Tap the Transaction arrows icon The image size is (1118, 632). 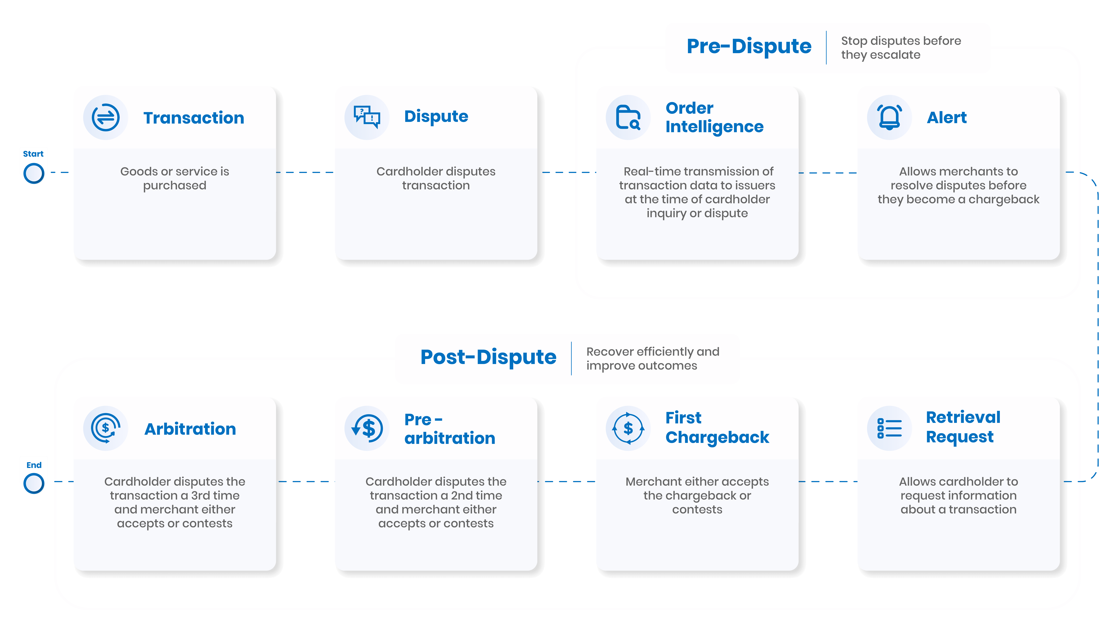click(106, 117)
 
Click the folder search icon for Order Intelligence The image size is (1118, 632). click(628, 117)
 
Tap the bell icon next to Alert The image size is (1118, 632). click(889, 117)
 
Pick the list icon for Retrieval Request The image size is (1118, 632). click(889, 428)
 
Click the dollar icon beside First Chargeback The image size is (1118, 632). click(628, 428)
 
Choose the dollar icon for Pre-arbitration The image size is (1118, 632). click(367, 428)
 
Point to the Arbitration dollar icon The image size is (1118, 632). click(106, 428)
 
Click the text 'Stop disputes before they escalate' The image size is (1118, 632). click(901, 48)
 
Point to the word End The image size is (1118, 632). click(34, 465)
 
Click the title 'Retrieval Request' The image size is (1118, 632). click(963, 427)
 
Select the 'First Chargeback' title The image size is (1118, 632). click(717, 428)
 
